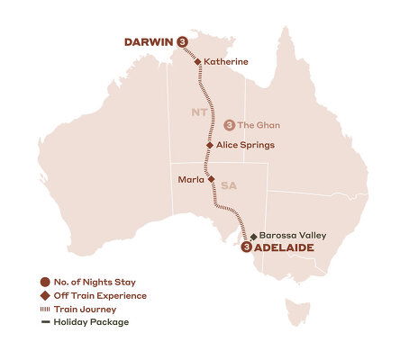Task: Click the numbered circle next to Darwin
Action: click(x=183, y=41)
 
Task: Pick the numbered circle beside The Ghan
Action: click(x=229, y=125)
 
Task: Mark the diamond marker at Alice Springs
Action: click(x=209, y=144)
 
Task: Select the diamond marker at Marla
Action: click(x=211, y=178)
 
